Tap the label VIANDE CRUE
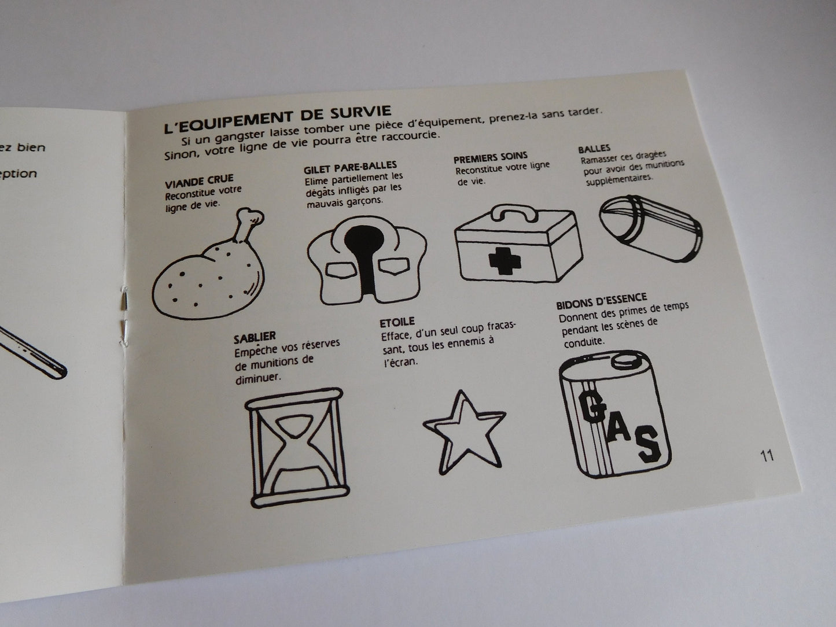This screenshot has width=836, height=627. click(199, 182)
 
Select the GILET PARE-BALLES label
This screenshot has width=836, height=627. click(351, 168)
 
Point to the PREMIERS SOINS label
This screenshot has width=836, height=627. click(491, 157)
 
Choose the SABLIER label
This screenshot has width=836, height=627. click(255, 337)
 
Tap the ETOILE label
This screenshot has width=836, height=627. click(397, 322)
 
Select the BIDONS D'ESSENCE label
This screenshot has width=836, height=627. click(601, 300)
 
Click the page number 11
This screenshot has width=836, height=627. click(767, 455)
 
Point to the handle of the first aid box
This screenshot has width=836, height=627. click(514, 212)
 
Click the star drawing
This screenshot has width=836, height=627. click(464, 433)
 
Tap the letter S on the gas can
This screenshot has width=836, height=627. click(648, 444)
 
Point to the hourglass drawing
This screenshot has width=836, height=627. click(297, 448)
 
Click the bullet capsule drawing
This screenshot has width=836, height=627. click(651, 228)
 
